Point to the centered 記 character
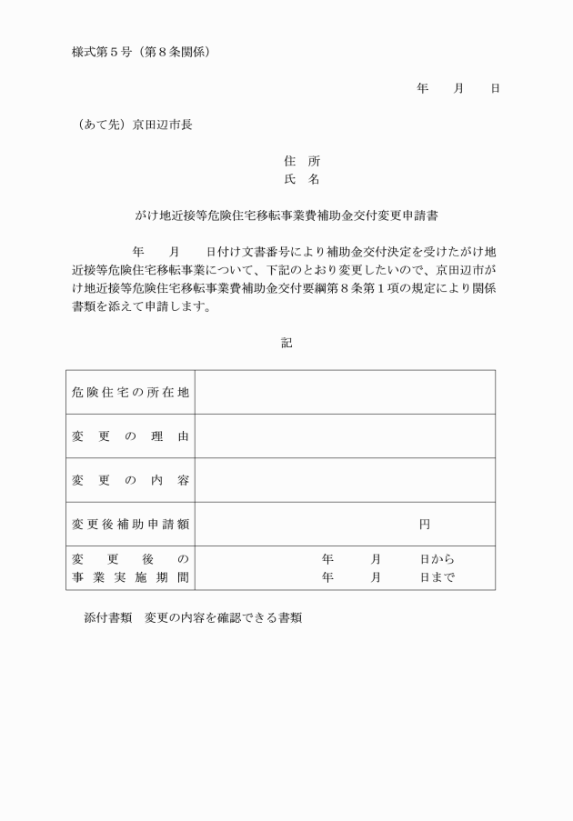click(x=286, y=344)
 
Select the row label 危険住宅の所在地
click(x=130, y=393)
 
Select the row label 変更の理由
click(x=130, y=436)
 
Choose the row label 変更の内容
click(x=130, y=480)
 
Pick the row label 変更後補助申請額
click(x=130, y=525)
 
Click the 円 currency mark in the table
click(x=425, y=525)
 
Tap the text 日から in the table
click(x=437, y=559)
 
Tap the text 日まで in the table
click(x=437, y=577)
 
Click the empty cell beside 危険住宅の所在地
click(x=345, y=393)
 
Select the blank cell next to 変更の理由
click(x=345, y=436)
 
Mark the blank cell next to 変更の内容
click(x=345, y=480)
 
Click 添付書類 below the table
click(x=107, y=617)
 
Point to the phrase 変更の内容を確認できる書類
click(x=223, y=617)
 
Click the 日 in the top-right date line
click(x=495, y=89)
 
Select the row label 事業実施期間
click(x=130, y=577)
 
